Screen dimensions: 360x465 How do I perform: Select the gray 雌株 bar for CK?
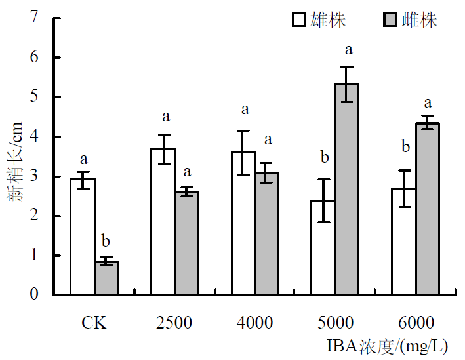(106, 278)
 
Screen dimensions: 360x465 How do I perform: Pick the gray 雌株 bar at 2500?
(187, 243)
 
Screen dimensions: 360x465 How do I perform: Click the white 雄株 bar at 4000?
(243, 223)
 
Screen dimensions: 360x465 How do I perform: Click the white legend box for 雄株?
(298, 20)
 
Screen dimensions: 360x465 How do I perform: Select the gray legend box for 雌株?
(390, 20)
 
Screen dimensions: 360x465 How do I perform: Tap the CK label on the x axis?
(94, 323)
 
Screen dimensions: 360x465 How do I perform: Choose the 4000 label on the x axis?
(254, 323)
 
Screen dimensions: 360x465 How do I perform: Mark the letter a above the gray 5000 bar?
(348, 49)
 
